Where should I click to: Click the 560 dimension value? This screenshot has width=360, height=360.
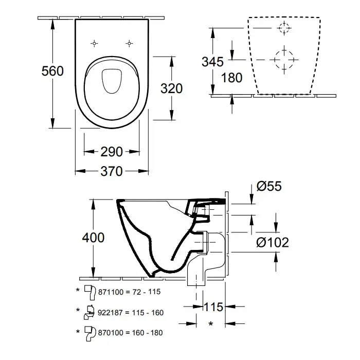(x=52, y=70)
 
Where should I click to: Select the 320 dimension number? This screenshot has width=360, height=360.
(x=171, y=88)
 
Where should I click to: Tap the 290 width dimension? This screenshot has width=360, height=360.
(x=111, y=152)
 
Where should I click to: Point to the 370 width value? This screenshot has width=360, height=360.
(x=111, y=171)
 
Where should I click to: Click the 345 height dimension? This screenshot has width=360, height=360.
(x=212, y=62)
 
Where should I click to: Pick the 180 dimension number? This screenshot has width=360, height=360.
(x=231, y=79)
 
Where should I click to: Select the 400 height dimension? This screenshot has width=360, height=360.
(x=93, y=238)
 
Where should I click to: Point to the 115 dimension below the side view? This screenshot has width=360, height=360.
(x=212, y=307)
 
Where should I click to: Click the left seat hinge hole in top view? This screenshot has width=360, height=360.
(x=95, y=42)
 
